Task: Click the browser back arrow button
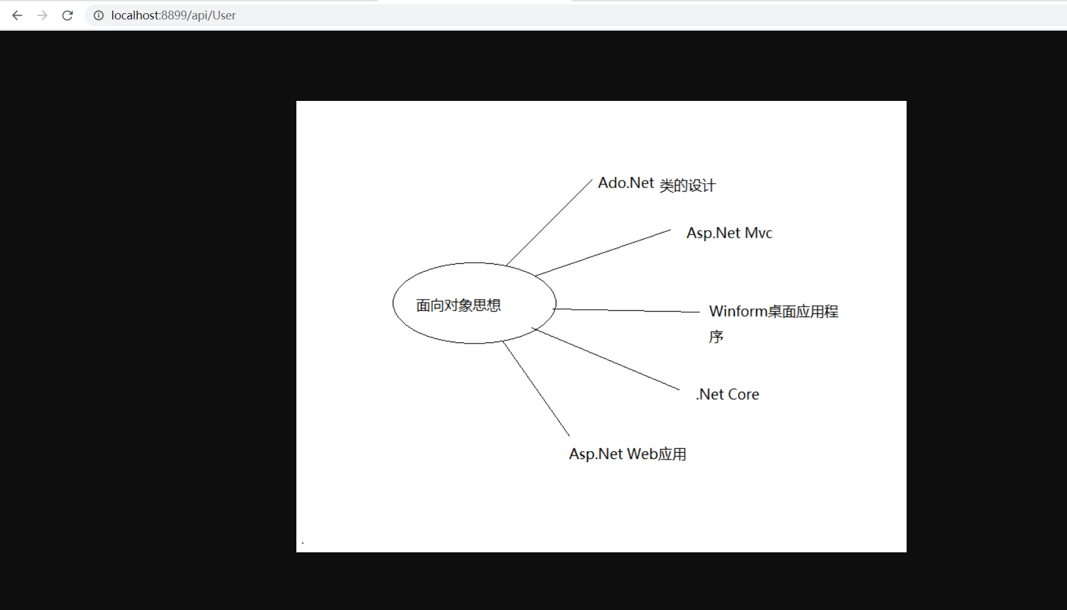tap(17, 15)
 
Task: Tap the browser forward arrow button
tap(42, 15)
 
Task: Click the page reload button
tap(68, 15)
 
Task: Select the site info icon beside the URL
tap(98, 15)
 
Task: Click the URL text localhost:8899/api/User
tap(174, 15)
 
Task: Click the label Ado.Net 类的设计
tap(656, 184)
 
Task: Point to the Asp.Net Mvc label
tap(729, 233)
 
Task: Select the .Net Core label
tap(727, 394)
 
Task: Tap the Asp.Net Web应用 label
tap(627, 454)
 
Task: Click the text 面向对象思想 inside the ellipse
tap(458, 305)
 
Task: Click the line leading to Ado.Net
tap(549, 222)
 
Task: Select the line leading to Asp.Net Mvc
tap(603, 253)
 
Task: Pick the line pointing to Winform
tap(627, 310)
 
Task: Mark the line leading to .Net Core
tap(606, 359)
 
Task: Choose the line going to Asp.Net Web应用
tap(536, 389)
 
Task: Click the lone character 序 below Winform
tap(716, 337)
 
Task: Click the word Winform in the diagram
tap(738, 312)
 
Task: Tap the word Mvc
tap(758, 233)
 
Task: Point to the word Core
tap(744, 394)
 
